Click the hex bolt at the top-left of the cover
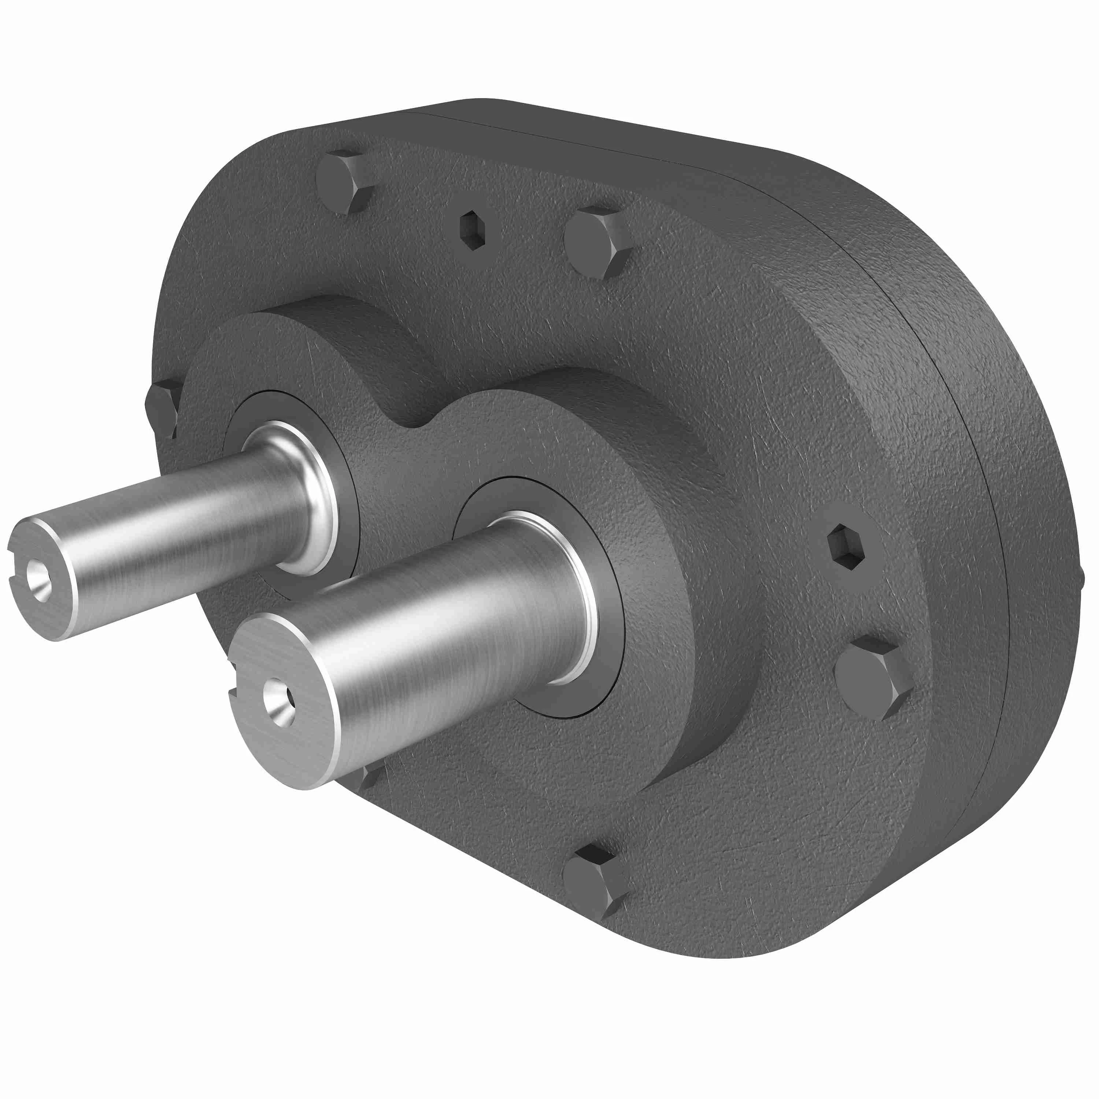343,182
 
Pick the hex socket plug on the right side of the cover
845,547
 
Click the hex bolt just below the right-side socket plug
872,678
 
